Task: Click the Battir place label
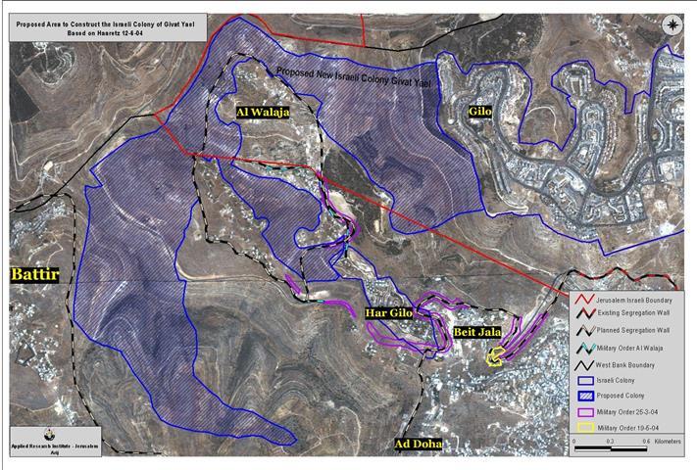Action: [x=34, y=275]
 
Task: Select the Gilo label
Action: [x=479, y=113]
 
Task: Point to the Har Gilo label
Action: [x=386, y=314]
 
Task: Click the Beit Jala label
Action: [x=477, y=333]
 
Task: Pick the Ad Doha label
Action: [x=418, y=445]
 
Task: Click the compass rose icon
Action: [x=673, y=26]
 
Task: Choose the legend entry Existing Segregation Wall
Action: [x=632, y=314]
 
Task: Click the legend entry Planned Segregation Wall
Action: [x=632, y=331]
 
